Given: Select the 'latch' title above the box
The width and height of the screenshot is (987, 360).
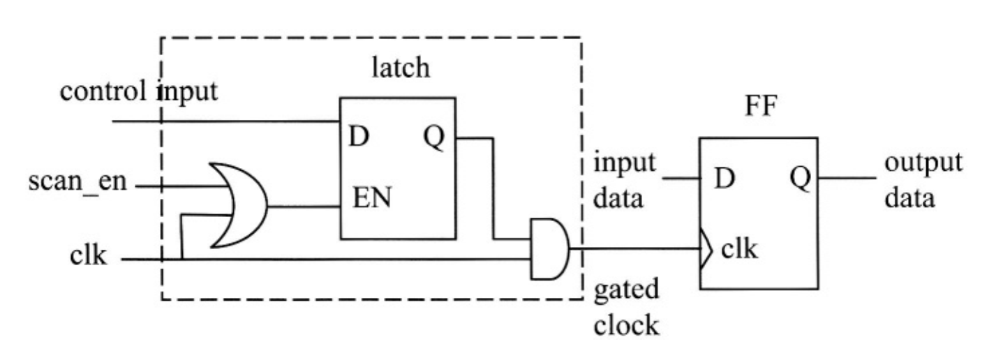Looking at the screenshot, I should click(401, 70).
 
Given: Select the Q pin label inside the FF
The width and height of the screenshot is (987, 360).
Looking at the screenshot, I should click(800, 179).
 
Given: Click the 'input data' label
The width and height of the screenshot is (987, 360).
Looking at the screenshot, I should click(623, 181).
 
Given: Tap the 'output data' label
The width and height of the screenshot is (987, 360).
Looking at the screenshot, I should click(923, 181).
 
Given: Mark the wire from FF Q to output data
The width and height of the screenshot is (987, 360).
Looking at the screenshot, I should click(846, 177).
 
